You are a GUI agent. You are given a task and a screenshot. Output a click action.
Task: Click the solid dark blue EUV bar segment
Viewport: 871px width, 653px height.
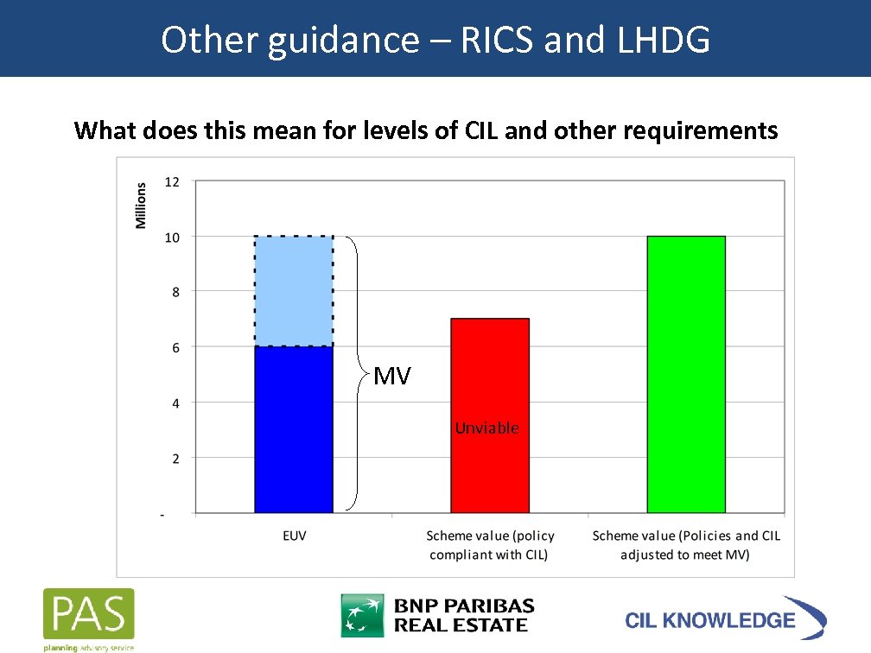[x=294, y=429]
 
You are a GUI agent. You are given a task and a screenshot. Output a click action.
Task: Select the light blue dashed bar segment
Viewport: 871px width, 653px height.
[x=294, y=291]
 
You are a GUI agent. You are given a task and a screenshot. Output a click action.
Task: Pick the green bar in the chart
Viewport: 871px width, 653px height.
[x=686, y=374]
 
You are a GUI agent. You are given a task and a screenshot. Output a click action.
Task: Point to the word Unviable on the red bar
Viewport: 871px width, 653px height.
[x=486, y=428]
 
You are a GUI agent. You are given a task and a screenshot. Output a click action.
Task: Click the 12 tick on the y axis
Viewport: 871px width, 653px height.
[x=172, y=181]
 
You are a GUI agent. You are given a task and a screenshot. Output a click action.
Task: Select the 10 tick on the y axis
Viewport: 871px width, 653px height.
[x=172, y=237]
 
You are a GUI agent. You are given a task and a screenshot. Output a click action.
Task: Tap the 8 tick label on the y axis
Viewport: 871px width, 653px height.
[x=175, y=292]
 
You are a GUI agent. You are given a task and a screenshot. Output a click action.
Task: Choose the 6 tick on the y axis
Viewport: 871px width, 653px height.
[x=175, y=347]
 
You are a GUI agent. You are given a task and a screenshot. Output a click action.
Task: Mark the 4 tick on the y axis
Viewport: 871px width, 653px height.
[x=175, y=403]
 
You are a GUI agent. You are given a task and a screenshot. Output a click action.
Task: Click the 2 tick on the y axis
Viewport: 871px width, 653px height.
[x=175, y=459]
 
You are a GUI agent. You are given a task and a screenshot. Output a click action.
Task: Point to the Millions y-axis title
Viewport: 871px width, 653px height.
[x=141, y=206]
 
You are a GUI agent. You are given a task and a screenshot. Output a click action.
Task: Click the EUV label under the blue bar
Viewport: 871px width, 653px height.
[x=294, y=536]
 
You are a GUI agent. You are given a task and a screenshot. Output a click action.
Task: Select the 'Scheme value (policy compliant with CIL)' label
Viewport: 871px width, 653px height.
[x=490, y=545]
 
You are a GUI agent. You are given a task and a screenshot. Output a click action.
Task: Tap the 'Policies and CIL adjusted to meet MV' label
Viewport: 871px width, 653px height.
[x=686, y=545]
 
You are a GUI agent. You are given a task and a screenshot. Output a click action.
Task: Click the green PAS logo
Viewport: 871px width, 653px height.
[x=89, y=616]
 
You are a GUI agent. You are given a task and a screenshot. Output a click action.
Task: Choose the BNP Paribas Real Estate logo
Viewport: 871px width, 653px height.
[x=437, y=615]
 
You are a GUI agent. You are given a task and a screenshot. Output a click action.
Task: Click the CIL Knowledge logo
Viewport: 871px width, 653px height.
[x=724, y=618]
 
